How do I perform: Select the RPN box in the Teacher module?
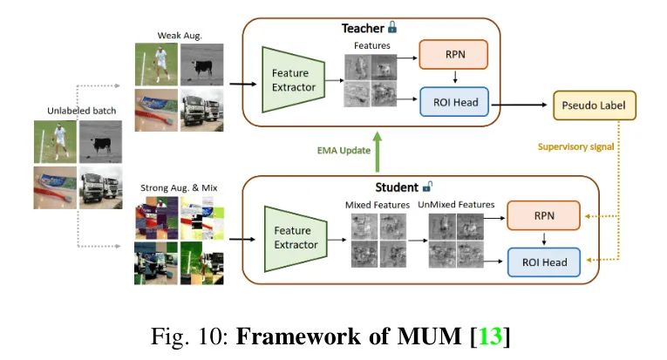[453, 55]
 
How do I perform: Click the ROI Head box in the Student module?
[545, 262]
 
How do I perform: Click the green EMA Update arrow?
[377, 149]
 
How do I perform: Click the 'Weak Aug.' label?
[177, 34]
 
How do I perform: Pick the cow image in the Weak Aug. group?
[201, 65]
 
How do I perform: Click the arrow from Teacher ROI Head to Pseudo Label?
[521, 105]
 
